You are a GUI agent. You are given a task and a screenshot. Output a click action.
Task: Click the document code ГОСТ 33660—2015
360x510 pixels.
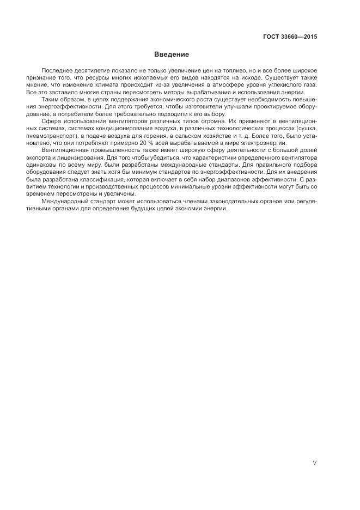pyautogui.click(x=290, y=37)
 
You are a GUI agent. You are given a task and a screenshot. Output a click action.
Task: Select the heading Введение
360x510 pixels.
pyautogui.click(x=171, y=54)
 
